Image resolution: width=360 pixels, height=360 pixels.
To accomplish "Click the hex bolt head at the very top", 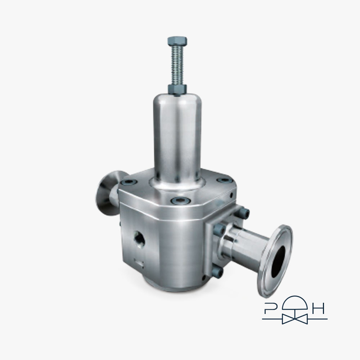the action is (177, 41).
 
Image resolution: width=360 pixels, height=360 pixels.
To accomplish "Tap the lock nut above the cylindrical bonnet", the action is (177, 90).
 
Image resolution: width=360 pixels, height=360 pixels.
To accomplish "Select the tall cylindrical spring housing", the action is (177, 138).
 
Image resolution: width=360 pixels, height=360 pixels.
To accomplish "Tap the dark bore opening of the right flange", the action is (278, 261).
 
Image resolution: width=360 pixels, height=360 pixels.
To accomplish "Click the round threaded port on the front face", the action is (139, 239).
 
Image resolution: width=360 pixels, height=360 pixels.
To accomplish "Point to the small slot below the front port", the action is (139, 264).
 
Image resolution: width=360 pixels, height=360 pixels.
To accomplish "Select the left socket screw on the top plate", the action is (129, 182).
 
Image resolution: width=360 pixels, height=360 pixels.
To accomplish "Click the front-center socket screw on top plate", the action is (181, 201).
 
